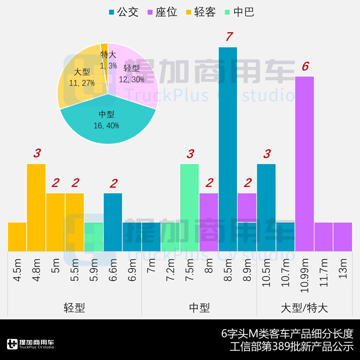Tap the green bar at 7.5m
pos(189,207)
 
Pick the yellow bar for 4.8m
pos(36,207)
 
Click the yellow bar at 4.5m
pos(17,237)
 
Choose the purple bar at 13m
pos(343,237)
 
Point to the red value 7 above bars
pos(230,37)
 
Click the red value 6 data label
pos(305,66)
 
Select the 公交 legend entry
pos(123,12)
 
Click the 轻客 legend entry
pos(201,12)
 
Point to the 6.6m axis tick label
pos(113,269)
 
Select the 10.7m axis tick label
pos(285,271)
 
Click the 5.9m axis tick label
pos(94,269)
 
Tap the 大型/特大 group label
pos(304,308)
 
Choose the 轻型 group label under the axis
pos(75,308)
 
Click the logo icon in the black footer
pos(12,344)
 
